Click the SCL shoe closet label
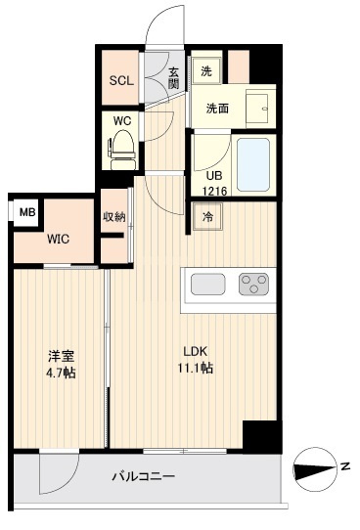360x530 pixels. [121, 80]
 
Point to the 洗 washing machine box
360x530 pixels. [205, 71]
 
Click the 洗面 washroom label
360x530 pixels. [217, 109]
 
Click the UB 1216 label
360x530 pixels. [213, 184]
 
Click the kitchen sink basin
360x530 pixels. [208, 285]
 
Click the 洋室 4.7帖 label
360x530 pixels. [59, 363]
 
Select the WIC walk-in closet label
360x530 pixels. [58, 238]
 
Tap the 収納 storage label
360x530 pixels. [113, 216]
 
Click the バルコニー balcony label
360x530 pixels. [144, 477]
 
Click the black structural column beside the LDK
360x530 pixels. [261, 434]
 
